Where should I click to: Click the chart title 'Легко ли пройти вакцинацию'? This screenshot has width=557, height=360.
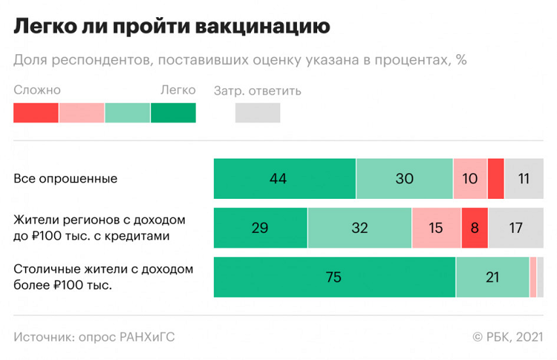(172, 27)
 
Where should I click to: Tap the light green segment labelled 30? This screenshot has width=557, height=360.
(404, 178)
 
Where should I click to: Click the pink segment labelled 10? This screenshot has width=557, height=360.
(470, 178)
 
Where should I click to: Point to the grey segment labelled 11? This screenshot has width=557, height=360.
(524, 178)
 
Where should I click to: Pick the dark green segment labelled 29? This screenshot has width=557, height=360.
(260, 228)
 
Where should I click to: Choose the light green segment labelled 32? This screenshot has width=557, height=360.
(359, 228)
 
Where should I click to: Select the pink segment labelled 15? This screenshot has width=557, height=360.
(436, 228)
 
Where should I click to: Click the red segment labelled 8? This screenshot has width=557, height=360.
(474, 228)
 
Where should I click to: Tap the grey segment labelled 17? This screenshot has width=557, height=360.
(515, 228)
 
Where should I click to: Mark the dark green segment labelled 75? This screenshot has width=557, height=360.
(334, 278)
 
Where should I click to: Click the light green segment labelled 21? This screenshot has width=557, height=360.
(492, 278)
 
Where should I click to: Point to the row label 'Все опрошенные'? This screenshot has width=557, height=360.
(66, 179)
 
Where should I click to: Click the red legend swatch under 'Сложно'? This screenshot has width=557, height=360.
(36, 113)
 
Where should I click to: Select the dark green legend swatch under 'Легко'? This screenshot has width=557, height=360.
(173, 113)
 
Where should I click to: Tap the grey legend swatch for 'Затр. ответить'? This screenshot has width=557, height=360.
(258, 113)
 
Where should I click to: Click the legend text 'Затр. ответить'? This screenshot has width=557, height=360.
(257, 91)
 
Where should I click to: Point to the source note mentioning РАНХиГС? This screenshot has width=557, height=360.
(94, 337)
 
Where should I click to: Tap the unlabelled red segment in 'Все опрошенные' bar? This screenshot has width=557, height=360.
(496, 178)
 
